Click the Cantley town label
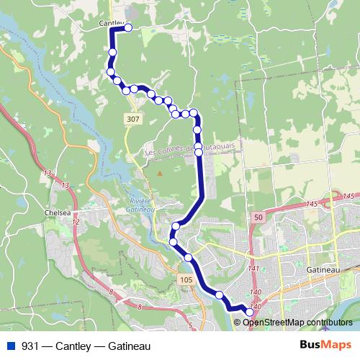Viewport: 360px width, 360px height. tap(111, 24)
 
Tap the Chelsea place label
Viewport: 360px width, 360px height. tap(58, 213)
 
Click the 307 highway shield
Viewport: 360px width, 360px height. tap(132, 118)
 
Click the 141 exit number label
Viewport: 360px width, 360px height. tap(253, 269)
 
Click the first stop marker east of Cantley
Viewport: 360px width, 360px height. tap(130, 28)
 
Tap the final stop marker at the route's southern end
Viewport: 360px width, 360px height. tap(250, 312)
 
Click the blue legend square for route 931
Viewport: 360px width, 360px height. tap(10, 346)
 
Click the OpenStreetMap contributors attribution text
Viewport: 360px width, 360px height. tap(300, 322)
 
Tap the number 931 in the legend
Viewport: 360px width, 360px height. tap(30, 346)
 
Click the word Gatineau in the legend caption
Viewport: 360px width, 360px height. tap(130, 346)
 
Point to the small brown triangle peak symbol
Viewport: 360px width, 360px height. tap(160, 173)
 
